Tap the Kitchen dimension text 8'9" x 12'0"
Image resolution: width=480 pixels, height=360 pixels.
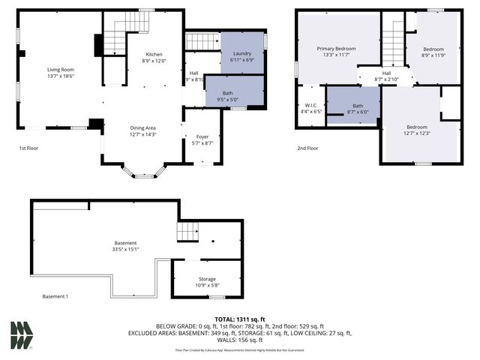(x=154, y=61)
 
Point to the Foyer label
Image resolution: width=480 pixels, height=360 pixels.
(x=202, y=136)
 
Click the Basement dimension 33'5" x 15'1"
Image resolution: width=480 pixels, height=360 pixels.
(x=126, y=249)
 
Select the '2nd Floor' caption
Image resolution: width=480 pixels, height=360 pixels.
(x=307, y=148)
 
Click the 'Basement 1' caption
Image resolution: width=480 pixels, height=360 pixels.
(x=55, y=296)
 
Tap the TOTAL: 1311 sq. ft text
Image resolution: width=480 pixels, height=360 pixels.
(x=239, y=319)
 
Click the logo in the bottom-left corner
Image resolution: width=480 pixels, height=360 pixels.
(x=21, y=335)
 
